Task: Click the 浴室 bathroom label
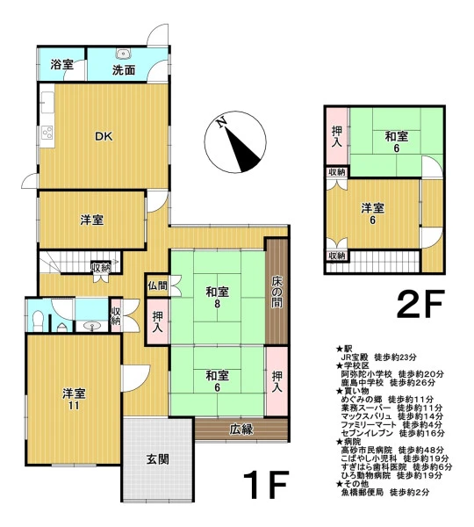pos(61,64)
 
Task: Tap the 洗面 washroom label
pos(124,70)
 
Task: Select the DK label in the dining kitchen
pos(104,136)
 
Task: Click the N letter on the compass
pos(220,123)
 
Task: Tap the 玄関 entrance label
pos(157,459)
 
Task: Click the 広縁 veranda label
pos(241,430)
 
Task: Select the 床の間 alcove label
pos(277,292)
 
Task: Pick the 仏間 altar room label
pos(157,285)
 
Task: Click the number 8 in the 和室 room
pos(218,304)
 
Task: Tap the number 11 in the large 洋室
pos(74,406)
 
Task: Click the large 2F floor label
pos(420,304)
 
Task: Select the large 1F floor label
pos(265,484)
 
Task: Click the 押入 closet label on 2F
pos(336,136)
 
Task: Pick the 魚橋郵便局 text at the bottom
pos(362,493)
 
